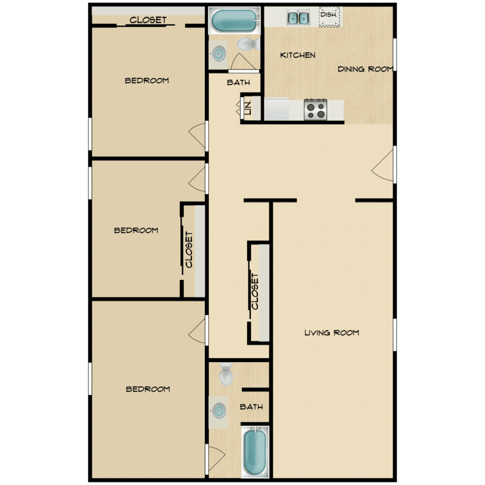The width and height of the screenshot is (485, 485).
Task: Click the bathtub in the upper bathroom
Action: click(x=235, y=21)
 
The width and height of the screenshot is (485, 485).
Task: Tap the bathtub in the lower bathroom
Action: click(x=255, y=451)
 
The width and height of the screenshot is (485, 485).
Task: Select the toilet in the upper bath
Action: click(x=248, y=44)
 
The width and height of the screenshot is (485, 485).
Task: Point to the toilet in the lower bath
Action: click(x=226, y=374)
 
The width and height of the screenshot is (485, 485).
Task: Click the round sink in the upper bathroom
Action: click(x=219, y=54)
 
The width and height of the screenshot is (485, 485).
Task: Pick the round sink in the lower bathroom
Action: click(x=219, y=411)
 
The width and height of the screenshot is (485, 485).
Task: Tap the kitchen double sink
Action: click(x=299, y=18)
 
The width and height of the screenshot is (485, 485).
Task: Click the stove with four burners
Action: click(x=316, y=109)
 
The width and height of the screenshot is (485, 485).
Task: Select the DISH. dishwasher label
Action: click(x=329, y=14)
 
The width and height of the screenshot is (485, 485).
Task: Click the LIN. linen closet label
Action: click(x=248, y=107)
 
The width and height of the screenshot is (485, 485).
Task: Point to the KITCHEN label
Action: click(x=297, y=55)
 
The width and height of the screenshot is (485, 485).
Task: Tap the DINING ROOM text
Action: click(x=365, y=69)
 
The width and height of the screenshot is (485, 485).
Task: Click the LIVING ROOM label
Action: click(x=332, y=332)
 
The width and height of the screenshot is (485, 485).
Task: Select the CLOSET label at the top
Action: click(x=148, y=20)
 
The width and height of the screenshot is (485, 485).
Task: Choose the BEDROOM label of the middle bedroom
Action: click(x=136, y=230)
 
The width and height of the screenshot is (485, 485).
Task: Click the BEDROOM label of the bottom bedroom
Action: click(x=148, y=389)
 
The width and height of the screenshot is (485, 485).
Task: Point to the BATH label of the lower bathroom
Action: click(x=252, y=407)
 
